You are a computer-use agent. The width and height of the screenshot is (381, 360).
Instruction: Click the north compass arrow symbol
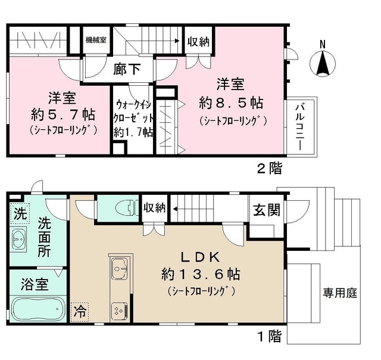coord(323,64)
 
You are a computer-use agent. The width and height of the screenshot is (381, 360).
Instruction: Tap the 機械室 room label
coord(96,40)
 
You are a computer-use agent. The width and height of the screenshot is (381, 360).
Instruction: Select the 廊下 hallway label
coord(127,69)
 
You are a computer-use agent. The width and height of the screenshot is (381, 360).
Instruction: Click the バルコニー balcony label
coord(300,126)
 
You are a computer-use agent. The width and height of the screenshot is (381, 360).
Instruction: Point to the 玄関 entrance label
coord(267,210)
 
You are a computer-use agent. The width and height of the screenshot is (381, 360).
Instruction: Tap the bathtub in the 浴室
coord(39,309)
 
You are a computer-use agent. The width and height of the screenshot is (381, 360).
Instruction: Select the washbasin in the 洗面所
coord(18,239)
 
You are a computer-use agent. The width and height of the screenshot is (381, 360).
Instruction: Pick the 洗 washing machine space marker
coord(20,213)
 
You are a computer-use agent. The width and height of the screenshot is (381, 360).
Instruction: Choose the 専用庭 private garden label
coord(340,293)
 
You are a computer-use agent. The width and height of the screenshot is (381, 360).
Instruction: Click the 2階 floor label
coord(270,168)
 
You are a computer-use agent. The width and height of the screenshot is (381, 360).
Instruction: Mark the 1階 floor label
coord(270,336)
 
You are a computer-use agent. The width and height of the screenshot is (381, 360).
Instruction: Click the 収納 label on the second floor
coord(198,42)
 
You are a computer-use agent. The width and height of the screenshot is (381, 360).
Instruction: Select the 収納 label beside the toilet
coord(155,208)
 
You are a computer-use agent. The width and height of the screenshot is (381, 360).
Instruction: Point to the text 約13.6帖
coord(201,274)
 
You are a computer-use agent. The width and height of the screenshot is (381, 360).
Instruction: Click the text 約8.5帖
coord(231,103)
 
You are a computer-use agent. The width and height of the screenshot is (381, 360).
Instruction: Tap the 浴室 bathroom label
coord(35,284)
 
